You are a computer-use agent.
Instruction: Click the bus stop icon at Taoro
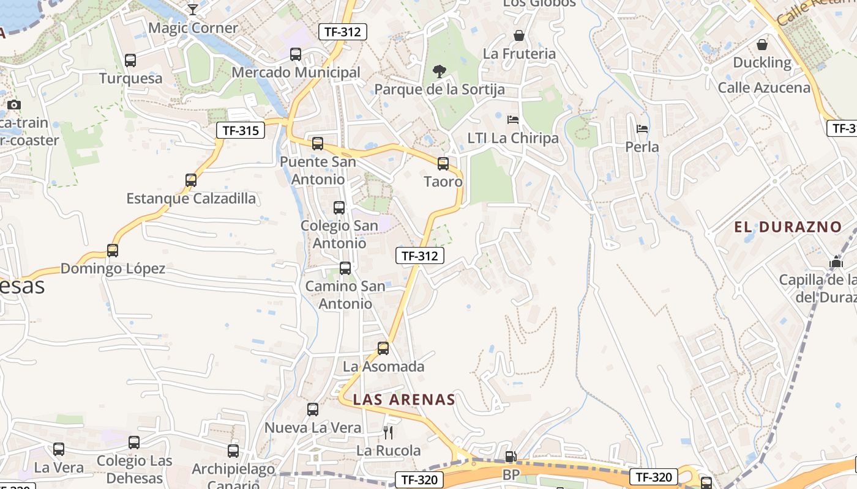[x=443, y=164]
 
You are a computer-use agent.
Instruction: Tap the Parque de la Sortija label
[x=440, y=89]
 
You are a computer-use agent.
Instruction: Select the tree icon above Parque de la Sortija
[x=439, y=72]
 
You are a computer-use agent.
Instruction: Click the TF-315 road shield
[x=241, y=130]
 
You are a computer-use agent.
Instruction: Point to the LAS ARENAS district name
[x=404, y=400]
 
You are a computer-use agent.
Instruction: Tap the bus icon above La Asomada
[x=383, y=348]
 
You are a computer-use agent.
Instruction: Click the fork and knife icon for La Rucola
[x=387, y=433]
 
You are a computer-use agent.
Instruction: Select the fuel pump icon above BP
[x=510, y=456]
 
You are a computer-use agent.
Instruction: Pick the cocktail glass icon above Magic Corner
[x=193, y=9]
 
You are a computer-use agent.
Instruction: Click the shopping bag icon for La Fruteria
[x=519, y=36]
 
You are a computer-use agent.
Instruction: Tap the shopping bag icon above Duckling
[x=762, y=45]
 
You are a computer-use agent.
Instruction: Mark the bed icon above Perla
[x=642, y=129]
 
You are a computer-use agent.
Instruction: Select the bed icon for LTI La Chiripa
[x=513, y=120]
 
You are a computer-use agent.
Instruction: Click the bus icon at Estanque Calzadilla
[x=191, y=180]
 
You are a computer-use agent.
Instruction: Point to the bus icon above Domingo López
[x=113, y=251]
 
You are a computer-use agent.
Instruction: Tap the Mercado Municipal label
[x=296, y=72]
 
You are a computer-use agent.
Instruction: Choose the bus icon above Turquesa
[x=130, y=61]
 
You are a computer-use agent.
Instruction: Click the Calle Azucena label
[x=764, y=87]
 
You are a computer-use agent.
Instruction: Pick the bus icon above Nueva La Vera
[x=313, y=410]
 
